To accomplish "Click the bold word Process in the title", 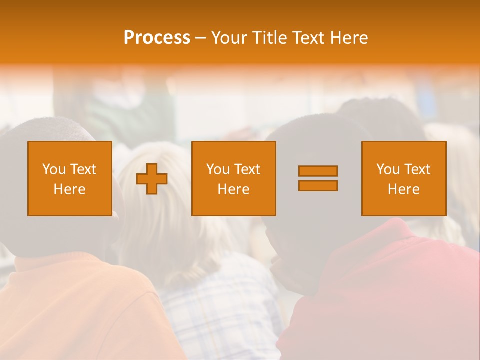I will tap(157, 38).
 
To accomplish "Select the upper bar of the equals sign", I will tap(318, 171).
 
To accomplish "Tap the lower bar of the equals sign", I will tap(318, 185).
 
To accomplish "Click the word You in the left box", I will tap(53, 169).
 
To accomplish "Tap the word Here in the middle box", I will tap(233, 189).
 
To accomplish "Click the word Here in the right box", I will tap(403, 189).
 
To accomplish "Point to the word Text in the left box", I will tap(83, 169).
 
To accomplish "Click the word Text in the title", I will tap(308, 38).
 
